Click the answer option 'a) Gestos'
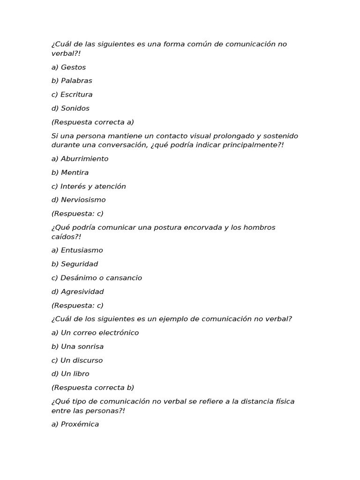[x=68, y=67]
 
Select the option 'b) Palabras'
[x=72, y=81]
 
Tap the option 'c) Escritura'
[x=72, y=94]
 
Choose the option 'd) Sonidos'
[x=70, y=108]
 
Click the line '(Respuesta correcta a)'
[x=92, y=122]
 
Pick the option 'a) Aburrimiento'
[x=80, y=158]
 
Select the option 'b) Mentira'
[x=70, y=172]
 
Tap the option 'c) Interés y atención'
[x=89, y=186]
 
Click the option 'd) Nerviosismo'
[x=78, y=200]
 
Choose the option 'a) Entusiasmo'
[x=77, y=250]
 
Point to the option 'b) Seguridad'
[x=75, y=264]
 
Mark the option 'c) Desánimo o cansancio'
[x=97, y=277]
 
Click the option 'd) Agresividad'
[x=77, y=292]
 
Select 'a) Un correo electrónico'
[x=95, y=332]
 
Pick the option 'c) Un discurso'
[x=77, y=360]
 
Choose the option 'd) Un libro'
[x=70, y=374]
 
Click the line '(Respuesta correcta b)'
[x=92, y=388]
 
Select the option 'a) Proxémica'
[x=75, y=424]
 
